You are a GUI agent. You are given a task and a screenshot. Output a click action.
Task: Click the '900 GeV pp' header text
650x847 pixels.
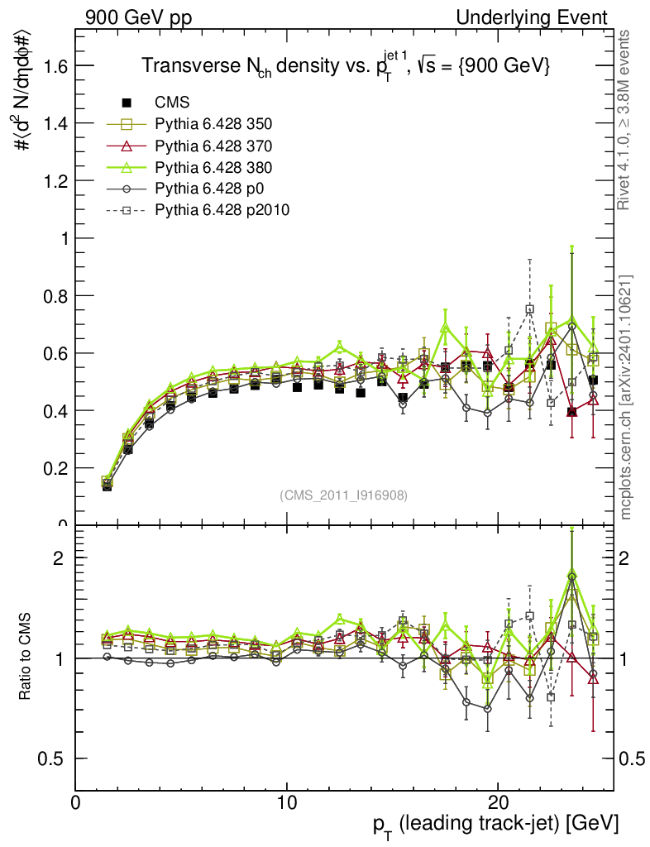[137, 17]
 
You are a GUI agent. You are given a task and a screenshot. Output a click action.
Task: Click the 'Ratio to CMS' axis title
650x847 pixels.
[26, 658]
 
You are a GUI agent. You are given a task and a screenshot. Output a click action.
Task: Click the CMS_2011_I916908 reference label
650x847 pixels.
[343, 495]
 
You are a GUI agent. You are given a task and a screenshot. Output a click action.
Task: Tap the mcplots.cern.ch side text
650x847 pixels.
[626, 397]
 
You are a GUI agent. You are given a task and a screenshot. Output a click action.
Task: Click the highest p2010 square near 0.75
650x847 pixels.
[529, 309]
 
